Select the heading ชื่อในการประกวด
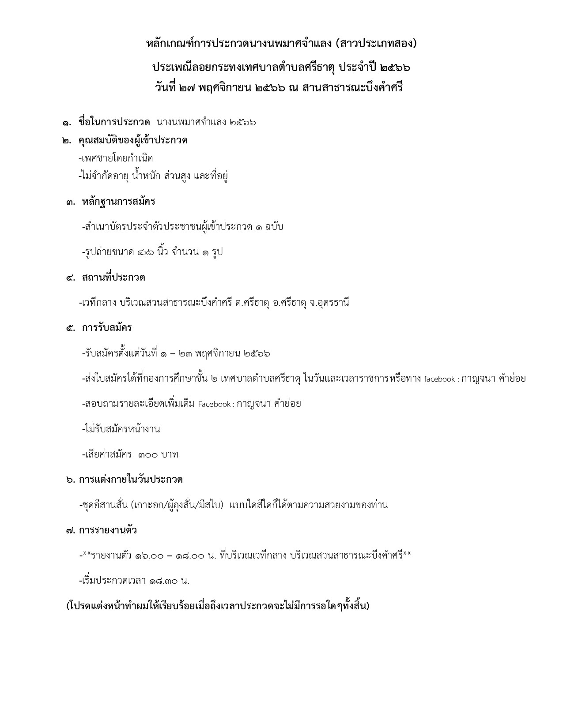click(114, 122)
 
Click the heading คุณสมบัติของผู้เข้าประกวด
click(133, 140)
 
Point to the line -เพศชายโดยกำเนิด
click(116, 158)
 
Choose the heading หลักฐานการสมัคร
click(118, 202)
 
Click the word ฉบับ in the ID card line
click(274, 227)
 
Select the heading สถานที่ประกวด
click(113, 278)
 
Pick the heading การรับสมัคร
click(107, 328)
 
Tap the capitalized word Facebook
click(214, 404)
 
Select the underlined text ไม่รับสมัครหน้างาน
click(123, 429)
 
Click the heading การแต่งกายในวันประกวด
click(131, 480)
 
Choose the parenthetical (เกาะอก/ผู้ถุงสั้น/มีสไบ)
click(177, 505)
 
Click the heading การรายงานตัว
click(108, 530)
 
